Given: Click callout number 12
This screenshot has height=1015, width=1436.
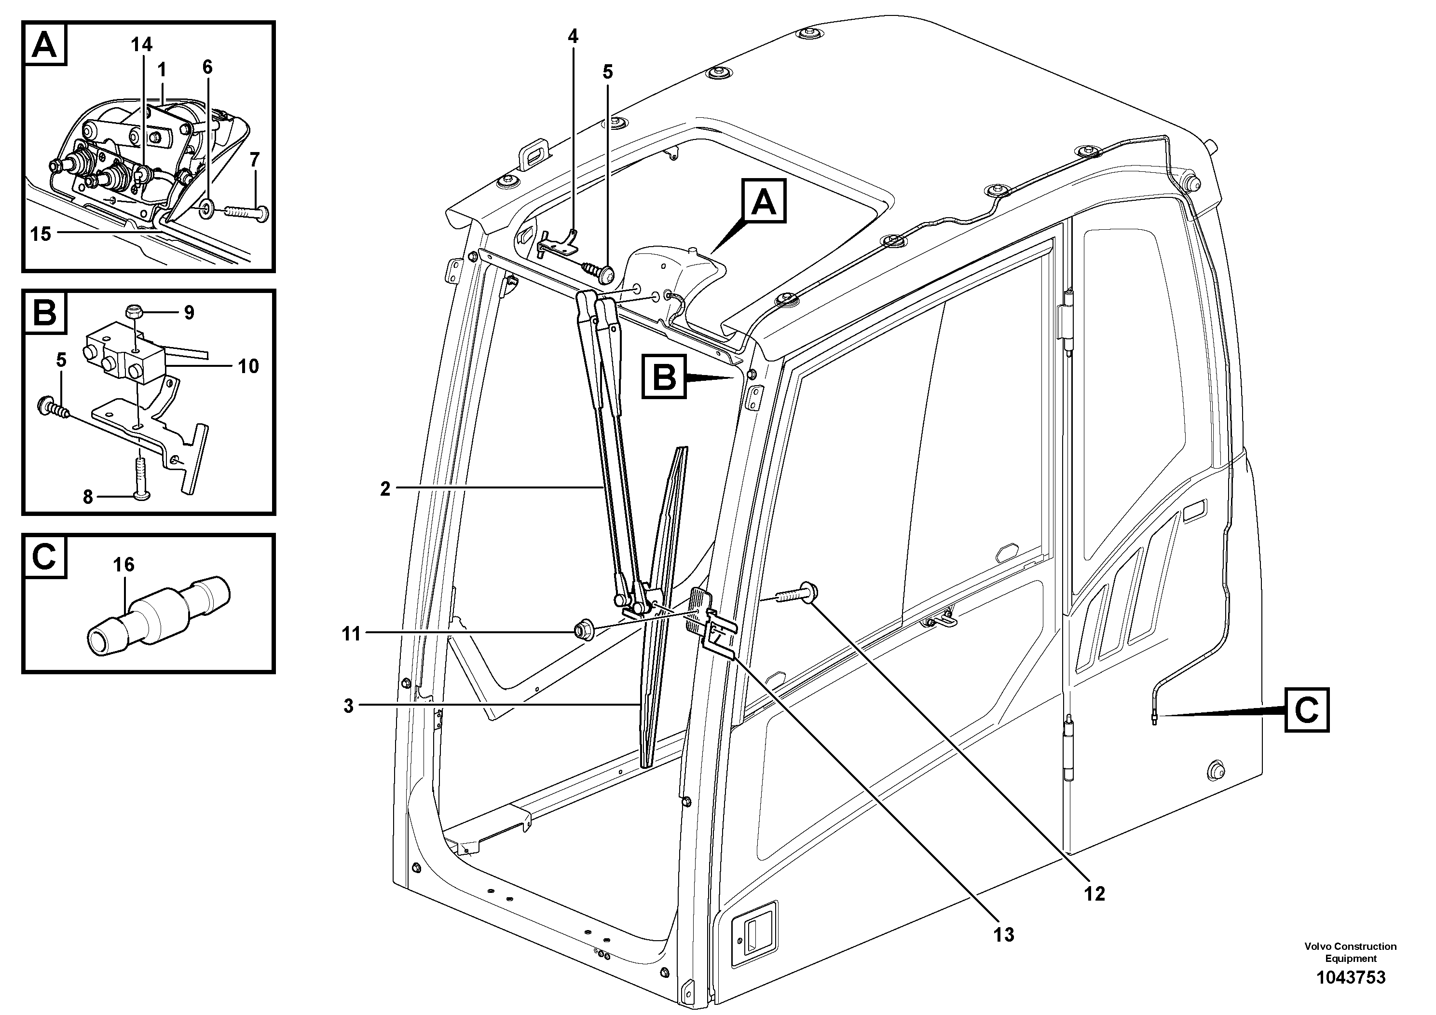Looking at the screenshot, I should click(x=1094, y=893).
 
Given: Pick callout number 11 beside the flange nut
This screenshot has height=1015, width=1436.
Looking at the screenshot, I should click(x=352, y=634).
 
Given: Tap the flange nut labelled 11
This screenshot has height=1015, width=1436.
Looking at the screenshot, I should click(x=584, y=629).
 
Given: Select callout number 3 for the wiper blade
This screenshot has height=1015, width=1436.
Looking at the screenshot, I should click(x=349, y=706).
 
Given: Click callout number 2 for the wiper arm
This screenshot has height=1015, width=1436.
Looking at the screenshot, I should click(x=385, y=489).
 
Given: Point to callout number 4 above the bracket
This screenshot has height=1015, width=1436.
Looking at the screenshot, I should click(x=573, y=36).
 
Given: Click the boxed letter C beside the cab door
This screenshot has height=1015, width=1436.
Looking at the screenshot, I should click(x=1307, y=710).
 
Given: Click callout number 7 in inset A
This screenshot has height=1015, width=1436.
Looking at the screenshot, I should click(x=255, y=160).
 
